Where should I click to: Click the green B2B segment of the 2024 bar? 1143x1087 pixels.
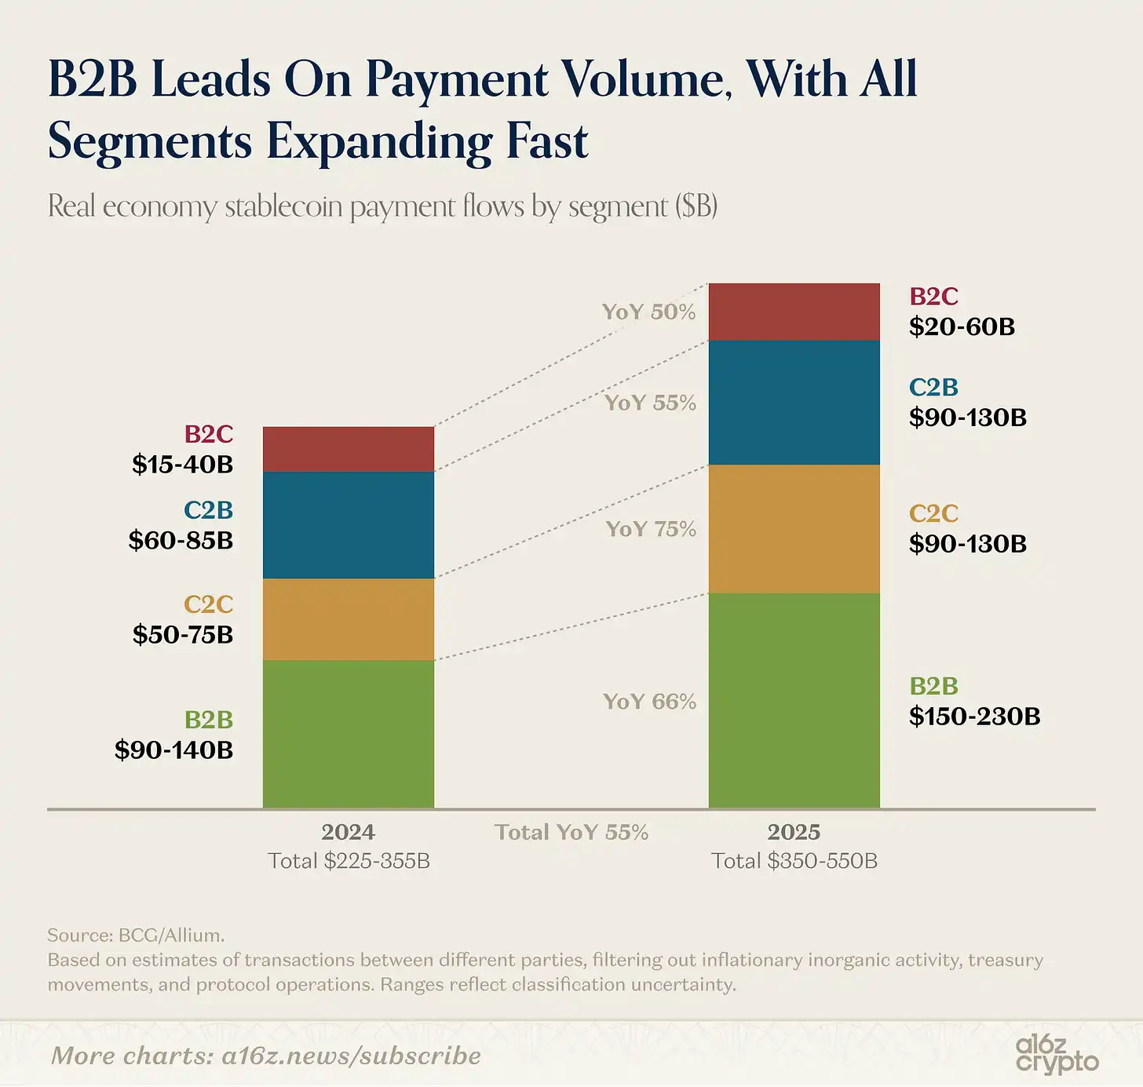click(348, 734)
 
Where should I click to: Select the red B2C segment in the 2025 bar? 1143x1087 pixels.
click(794, 312)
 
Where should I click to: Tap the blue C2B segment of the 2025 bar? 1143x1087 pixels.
click(794, 403)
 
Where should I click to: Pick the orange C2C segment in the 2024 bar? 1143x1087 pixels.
click(348, 619)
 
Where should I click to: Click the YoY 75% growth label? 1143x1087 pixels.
click(651, 529)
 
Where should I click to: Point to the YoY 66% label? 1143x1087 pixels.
click(649, 702)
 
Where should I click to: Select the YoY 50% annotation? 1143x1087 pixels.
click(648, 312)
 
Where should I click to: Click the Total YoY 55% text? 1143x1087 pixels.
click(571, 832)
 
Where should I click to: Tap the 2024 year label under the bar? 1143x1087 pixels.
click(348, 832)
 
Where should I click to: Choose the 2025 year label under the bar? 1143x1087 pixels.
click(794, 832)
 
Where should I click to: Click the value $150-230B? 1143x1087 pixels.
click(974, 717)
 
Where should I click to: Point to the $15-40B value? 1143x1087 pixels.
click(182, 465)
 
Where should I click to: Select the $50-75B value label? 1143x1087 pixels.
click(182, 634)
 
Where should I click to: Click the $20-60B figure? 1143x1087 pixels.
click(962, 326)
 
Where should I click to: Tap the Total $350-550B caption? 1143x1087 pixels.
click(794, 861)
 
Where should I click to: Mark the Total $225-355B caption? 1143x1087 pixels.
click(349, 861)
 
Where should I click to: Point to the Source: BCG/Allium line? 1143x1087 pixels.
click(136, 935)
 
